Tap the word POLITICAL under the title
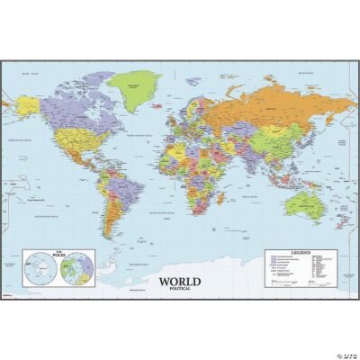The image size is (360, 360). point(181,291)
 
